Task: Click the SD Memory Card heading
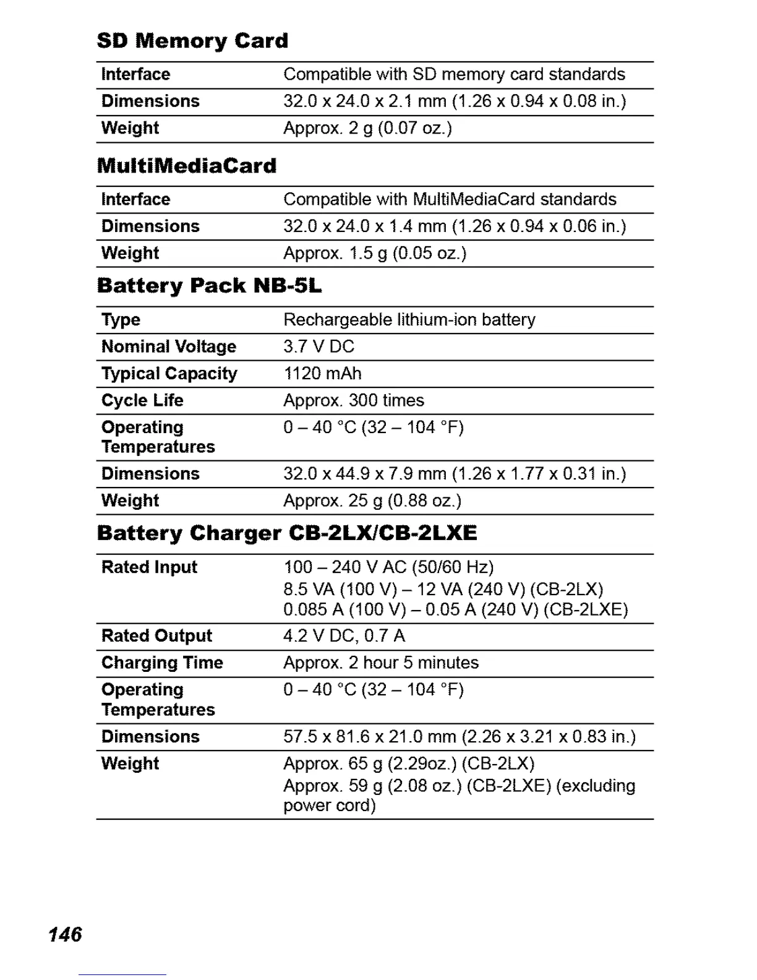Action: coord(192,41)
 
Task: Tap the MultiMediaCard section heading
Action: coord(187,166)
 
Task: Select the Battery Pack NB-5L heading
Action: coord(210,286)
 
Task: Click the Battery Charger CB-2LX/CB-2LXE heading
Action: coord(287,533)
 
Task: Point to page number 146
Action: coord(65,934)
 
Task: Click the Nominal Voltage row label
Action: coord(169,346)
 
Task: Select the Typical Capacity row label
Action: coord(169,374)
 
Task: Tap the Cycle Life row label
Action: coord(142,400)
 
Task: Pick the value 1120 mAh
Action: coord(322,374)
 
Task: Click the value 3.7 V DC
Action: coord(319,346)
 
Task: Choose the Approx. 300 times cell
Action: coord(354,400)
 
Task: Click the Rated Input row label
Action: coord(149,567)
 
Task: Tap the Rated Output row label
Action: coord(156,636)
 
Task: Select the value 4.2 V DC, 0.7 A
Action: coord(344,636)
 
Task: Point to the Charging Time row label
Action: coord(162,663)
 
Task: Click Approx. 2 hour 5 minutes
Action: coord(381,663)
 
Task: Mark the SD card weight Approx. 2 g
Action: coord(367,128)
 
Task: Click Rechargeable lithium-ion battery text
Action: coord(409,320)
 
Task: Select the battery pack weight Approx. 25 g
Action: coord(372,501)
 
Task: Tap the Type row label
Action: coord(121,320)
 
